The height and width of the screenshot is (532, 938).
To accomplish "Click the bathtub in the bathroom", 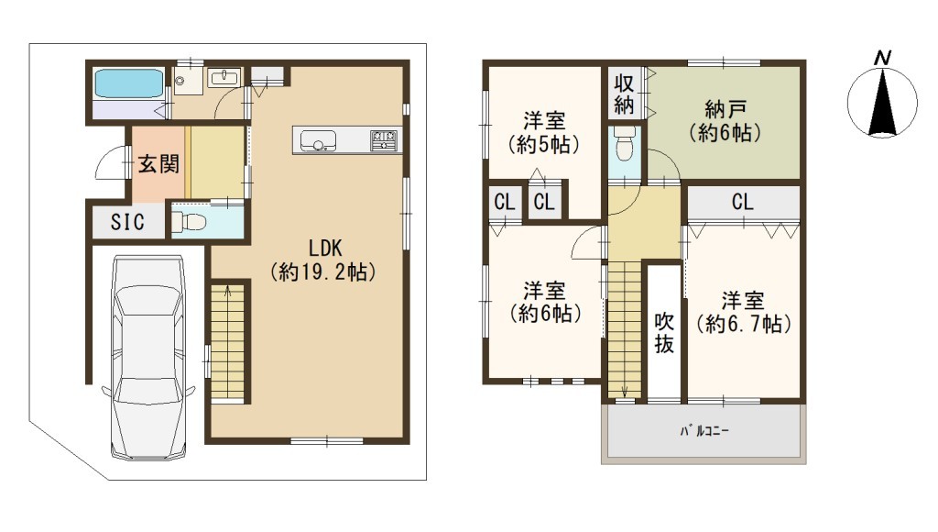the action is pos(129,83).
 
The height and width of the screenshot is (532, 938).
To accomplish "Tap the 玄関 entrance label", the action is pos(158,163).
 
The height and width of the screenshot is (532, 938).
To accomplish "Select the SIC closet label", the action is pos(127,222).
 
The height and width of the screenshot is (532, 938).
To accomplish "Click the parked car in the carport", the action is pos(148,359).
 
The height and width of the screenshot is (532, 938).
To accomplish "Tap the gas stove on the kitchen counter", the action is pos(384,140).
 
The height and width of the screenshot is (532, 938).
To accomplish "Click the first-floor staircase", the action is pos(227,341).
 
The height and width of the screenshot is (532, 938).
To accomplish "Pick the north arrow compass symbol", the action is pos(882,102).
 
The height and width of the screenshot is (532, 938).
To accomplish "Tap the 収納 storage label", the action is pos(624,94).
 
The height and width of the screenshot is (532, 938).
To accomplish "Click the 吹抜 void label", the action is pos(665,332).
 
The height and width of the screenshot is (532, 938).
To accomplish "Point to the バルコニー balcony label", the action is pos(704,431).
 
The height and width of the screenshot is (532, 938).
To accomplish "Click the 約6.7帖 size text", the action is pos(744,324).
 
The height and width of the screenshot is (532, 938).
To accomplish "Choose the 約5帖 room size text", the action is pos(544,144).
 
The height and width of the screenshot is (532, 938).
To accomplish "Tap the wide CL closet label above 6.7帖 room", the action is pos(742,202).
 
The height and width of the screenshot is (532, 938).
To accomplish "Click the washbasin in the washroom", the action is pos(225,77).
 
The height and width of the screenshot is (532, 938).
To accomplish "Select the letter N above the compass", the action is pos(882,58).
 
